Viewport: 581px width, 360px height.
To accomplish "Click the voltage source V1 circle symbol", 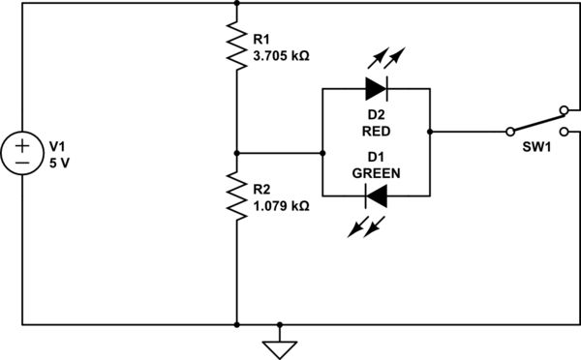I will [x=21, y=154].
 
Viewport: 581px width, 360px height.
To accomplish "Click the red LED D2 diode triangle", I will [x=376, y=90].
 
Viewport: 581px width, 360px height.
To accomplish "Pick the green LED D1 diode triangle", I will [x=376, y=196].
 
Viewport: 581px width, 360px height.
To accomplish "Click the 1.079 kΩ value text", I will [x=281, y=205].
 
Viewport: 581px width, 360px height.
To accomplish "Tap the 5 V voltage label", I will [x=60, y=163].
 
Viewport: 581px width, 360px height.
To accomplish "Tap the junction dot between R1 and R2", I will [x=236, y=153].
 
